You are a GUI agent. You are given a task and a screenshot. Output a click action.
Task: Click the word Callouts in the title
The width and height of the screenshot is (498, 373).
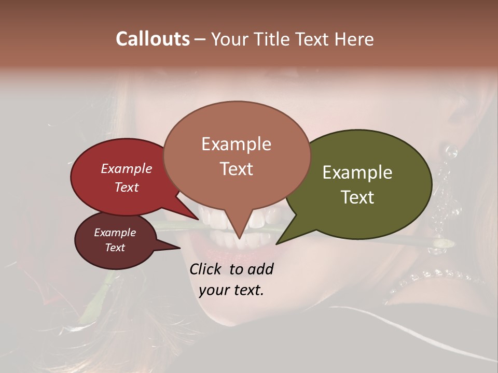pyautogui.click(x=153, y=39)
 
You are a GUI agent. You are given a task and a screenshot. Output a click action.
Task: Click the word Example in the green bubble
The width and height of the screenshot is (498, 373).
pyautogui.click(x=357, y=173)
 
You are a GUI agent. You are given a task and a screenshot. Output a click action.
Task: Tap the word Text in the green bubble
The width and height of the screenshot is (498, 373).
pyautogui.click(x=357, y=197)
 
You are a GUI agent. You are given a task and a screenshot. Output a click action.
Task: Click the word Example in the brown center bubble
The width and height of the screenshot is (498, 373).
pyautogui.click(x=236, y=144)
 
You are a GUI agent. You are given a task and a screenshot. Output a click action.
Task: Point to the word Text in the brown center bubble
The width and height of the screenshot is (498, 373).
pyautogui.click(x=236, y=169)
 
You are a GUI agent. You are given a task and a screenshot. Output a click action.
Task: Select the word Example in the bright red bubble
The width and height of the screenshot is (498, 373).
pyautogui.click(x=127, y=169)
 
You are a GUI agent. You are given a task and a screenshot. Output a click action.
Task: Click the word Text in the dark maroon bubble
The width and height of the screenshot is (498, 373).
pyautogui.click(x=115, y=248)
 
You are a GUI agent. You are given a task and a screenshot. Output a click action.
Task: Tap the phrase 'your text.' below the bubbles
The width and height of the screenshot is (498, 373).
pyautogui.click(x=231, y=290)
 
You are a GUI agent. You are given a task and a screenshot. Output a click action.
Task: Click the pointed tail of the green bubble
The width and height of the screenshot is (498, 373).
pyautogui.click(x=279, y=242)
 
